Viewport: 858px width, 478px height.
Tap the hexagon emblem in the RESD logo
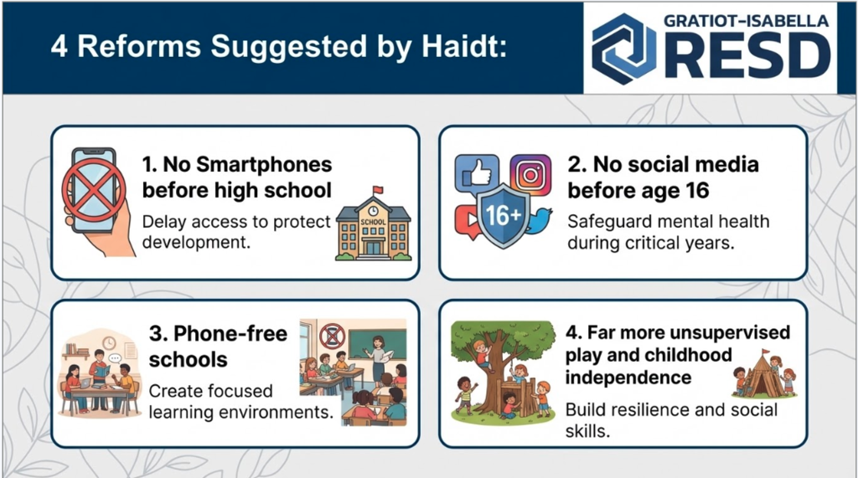623,49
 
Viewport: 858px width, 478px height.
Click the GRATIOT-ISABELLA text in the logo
746,21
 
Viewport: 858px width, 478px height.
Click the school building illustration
373,224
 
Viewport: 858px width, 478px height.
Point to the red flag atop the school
378,190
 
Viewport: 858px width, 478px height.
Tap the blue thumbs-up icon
477,174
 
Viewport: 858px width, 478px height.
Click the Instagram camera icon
530,175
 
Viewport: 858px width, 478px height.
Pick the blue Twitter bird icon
539,220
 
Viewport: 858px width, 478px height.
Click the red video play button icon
468,222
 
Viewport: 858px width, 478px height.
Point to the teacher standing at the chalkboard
378,359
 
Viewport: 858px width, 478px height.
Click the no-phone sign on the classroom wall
332,335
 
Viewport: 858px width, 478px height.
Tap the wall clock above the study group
109,342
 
